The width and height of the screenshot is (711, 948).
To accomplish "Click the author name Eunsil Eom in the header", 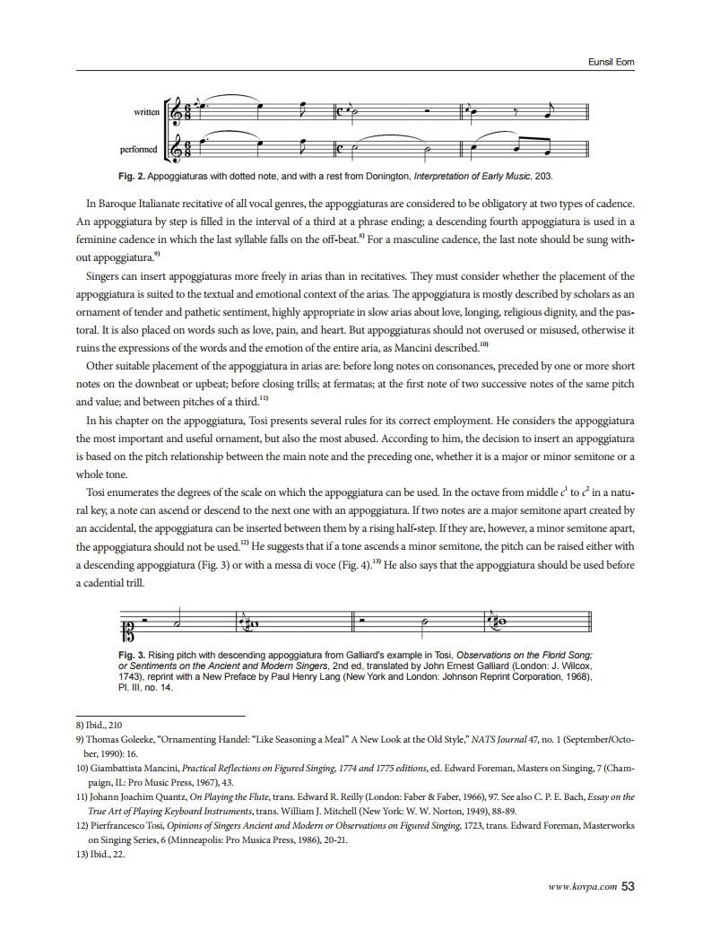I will [611, 60].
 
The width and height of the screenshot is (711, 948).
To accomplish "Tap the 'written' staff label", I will [146, 112].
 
